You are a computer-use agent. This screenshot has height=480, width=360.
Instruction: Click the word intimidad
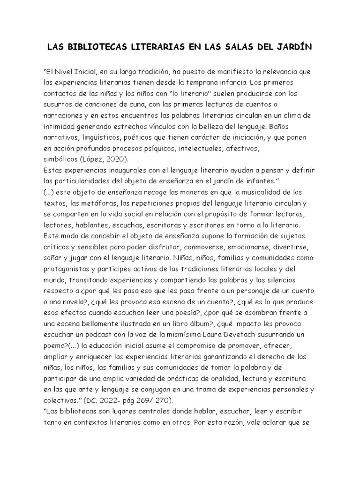click(60, 126)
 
